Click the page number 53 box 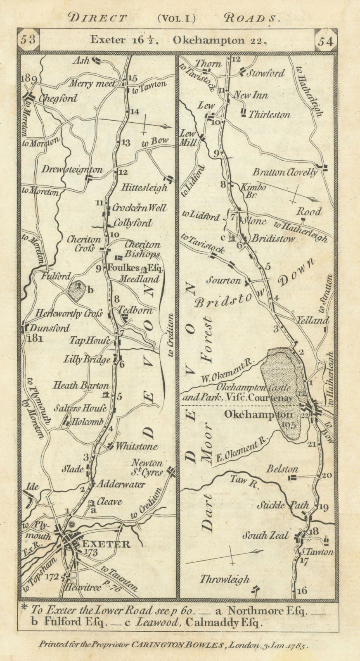pos(28,41)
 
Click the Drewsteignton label pos(72,169)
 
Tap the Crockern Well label pos(140,208)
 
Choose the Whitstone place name pos(137,447)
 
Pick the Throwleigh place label pos(225,579)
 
